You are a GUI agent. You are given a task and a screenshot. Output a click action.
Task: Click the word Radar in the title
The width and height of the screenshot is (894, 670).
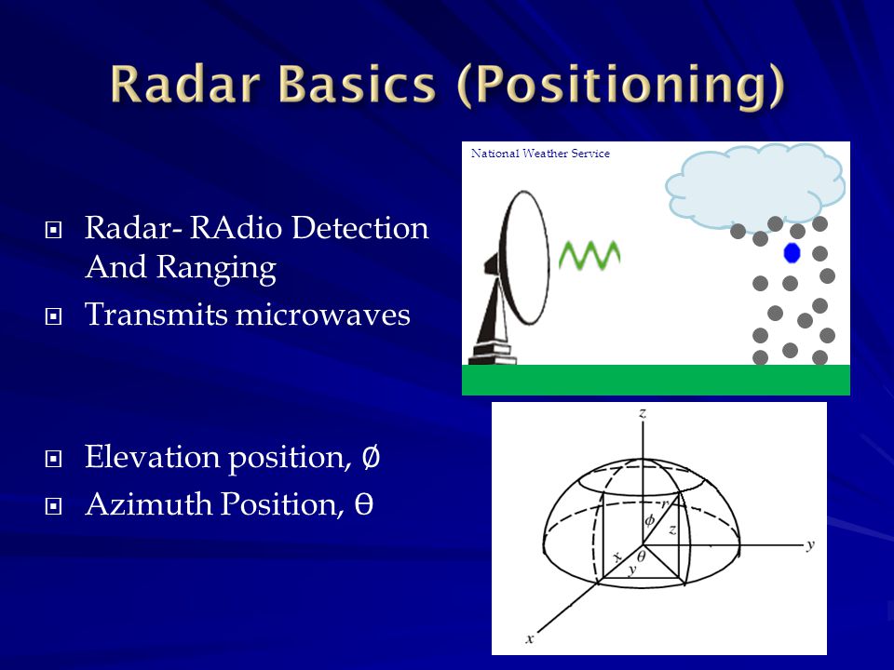click(x=186, y=84)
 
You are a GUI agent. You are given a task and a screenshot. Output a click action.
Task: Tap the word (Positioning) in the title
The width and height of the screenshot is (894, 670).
click(x=621, y=86)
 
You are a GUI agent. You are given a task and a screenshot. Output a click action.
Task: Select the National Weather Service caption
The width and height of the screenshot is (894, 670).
click(x=540, y=154)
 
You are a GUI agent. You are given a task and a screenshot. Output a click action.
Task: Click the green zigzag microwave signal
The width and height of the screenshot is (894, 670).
click(x=589, y=255)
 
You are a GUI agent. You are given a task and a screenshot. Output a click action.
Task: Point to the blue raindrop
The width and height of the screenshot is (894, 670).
click(x=792, y=253)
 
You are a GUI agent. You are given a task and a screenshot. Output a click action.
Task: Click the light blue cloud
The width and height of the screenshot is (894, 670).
click(x=755, y=186)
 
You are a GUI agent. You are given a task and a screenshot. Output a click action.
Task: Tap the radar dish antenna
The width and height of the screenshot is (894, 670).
click(x=509, y=277)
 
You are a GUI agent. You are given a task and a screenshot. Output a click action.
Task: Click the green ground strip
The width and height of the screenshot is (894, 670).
click(x=656, y=380)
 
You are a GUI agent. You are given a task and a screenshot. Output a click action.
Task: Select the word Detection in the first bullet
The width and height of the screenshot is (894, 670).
click(x=359, y=228)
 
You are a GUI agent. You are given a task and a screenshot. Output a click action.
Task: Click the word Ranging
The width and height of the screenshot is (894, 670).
click(x=216, y=268)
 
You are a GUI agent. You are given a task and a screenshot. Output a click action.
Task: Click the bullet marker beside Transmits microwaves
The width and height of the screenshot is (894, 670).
click(x=53, y=316)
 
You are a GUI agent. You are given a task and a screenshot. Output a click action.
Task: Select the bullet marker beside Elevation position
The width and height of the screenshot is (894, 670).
click(x=53, y=459)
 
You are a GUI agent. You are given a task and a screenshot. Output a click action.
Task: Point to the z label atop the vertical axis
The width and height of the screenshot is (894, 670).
click(x=643, y=412)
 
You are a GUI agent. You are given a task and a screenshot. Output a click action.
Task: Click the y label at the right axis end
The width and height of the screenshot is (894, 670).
click(x=810, y=545)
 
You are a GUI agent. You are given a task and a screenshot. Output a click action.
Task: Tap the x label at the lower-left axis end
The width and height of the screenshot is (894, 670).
click(x=530, y=638)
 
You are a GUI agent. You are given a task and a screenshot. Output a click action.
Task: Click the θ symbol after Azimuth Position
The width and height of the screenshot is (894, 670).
click(x=364, y=503)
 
